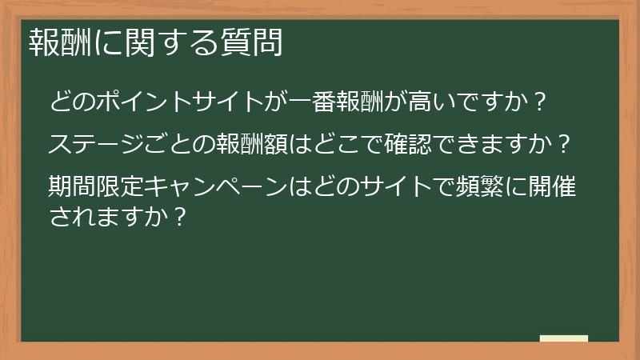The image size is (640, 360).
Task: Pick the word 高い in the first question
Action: click(x=432, y=102)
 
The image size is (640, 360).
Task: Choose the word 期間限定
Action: click(x=96, y=188)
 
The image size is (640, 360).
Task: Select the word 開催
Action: click(x=553, y=188)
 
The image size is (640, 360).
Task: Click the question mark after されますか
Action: click(x=179, y=217)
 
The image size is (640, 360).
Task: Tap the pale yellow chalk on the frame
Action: click(x=563, y=338)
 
